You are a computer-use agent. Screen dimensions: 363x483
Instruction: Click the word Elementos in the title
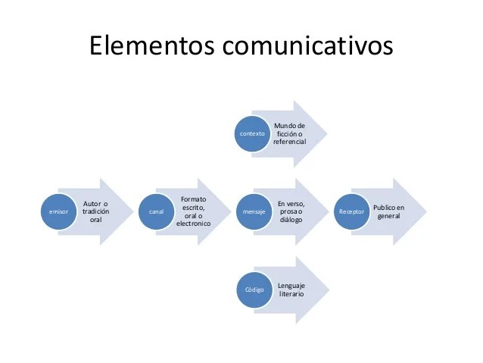click(152, 45)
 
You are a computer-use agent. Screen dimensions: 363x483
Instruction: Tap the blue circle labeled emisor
click(58, 212)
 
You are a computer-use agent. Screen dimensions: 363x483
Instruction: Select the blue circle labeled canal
click(156, 212)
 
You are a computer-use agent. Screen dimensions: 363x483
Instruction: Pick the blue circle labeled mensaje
click(254, 212)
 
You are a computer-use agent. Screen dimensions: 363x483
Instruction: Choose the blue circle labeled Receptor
click(352, 212)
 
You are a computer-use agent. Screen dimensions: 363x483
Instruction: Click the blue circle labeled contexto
click(252, 133)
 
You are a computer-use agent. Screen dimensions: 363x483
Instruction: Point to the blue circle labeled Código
click(254, 290)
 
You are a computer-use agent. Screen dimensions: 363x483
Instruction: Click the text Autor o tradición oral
click(95, 211)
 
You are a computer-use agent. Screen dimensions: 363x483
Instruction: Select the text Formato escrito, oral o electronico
click(193, 211)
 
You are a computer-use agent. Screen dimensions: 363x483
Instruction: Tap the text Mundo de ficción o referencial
click(290, 133)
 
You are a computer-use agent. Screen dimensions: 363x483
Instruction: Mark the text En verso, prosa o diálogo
click(291, 211)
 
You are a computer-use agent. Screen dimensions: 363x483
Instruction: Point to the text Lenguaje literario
click(291, 289)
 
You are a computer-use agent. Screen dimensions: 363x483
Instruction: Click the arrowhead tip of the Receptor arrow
click(423, 212)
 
